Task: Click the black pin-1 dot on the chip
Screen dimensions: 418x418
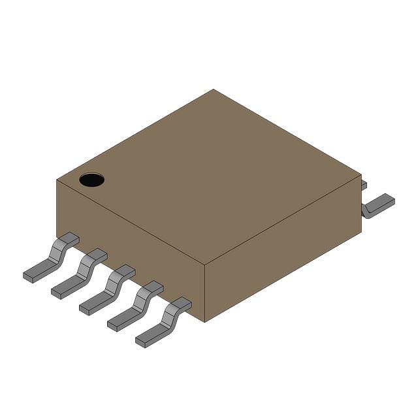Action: (x=91, y=180)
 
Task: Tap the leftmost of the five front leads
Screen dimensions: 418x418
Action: (x=52, y=259)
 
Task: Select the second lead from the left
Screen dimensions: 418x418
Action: (x=80, y=274)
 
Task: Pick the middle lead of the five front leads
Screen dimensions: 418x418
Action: (x=108, y=290)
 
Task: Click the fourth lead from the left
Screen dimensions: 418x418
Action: (x=136, y=306)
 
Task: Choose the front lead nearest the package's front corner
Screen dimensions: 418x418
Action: (x=165, y=323)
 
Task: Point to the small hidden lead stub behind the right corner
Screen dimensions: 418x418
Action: (x=364, y=185)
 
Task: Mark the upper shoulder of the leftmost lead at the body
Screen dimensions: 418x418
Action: (x=68, y=238)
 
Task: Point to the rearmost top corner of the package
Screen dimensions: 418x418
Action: (x=213, y=90)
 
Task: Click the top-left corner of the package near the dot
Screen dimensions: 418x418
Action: (x=57, y=180)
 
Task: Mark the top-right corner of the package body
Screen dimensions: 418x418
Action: (x=361, y=175)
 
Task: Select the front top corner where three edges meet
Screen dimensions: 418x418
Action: (x=205, y=265)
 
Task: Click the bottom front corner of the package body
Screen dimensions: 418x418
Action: (x=205, y=321)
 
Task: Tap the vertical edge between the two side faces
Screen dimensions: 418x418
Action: (x=205, y=294)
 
